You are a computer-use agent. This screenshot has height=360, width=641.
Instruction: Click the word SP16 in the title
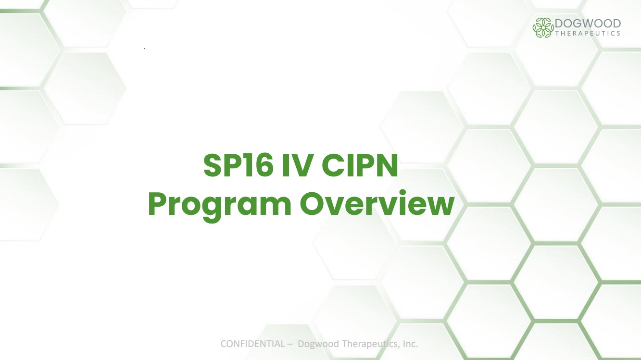[x=238, y=165]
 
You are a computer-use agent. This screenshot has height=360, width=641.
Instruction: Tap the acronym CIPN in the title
[x=360, y=165]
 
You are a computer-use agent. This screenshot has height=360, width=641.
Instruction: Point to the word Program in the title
[x=219, y=206]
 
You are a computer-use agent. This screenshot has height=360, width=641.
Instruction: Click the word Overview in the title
[x=377, y=203]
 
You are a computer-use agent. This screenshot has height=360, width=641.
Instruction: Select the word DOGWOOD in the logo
[x=588, y=23]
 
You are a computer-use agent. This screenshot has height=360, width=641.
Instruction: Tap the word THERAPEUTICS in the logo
[x=588, y=34]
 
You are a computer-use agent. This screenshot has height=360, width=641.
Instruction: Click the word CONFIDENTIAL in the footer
[x=252, y=344]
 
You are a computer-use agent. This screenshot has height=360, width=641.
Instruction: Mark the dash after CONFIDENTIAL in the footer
[x=290, y=344]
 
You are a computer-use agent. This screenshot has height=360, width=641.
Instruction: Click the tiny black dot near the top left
[x=145, y=49]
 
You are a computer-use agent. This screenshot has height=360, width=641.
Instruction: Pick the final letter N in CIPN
[x=387, y=165]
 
